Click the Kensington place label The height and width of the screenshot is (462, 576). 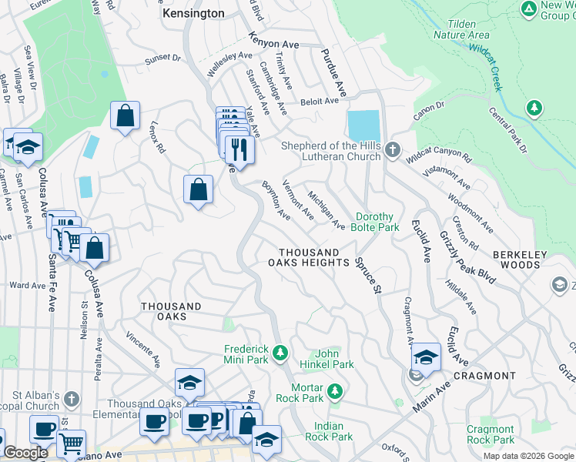pyautogui.click(x=193, y=13)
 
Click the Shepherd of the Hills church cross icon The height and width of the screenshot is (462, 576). pyautogui.click(x=393, y=150)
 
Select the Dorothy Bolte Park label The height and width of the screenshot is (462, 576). pyautogui.click(x=377, y=223)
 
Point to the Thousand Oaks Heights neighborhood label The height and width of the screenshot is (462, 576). pyautogui.click(x=309, y=257)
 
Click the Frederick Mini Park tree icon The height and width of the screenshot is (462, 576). pyautogui.click(x=280, y=353)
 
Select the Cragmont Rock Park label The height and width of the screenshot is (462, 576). pyautogui.click(x=491, y=434)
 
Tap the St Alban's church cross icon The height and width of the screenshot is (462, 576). pyautogui.click(x=72, y=399)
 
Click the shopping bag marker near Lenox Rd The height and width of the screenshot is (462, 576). pyautogui.click(x=125, y=117)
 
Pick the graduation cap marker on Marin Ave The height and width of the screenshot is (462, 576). pyautogui.click(x=426, y=357)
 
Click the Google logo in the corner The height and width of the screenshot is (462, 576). pyautogui.click(x=25, y=453)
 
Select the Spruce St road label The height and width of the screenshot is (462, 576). pyautogui.click(x=368, y=275)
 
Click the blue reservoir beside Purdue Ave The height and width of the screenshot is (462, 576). pyautogui.click(x=363, y=124)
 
